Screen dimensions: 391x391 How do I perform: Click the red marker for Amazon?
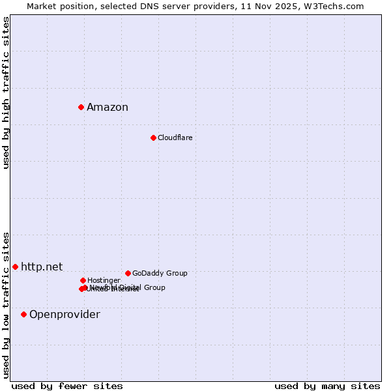pyautogui.click(x=81, y=107)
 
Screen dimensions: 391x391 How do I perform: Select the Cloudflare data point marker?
pyautogui.click(x=153, y=138)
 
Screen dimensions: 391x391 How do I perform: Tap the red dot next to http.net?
pyautogui.click(x=15, y=267)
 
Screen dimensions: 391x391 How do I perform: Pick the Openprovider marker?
pyautogui.click(x=23, y=314)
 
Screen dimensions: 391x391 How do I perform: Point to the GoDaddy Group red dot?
pyautogui.click(x=128, y=273)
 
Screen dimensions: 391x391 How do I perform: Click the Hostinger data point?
pyautogui.click(x=83, y=280)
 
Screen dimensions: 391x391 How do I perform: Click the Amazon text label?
pyautogui.click(x=108, y=108)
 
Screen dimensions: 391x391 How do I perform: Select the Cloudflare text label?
pyautogui.click(x=175, y=138)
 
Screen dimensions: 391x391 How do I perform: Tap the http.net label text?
pyautogui.click(x=42, y=267)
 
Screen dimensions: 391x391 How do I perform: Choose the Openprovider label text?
pyautogui.click(x=65, y=315)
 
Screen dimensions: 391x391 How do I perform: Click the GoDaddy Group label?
pyautogui.click(x=160, y=274)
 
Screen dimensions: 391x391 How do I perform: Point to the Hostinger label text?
pyautogui.click(x=104, y=281)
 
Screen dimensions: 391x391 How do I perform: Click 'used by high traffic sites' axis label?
pyautogui.click(x=7, y=93)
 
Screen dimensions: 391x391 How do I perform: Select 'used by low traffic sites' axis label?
pyautogui.click(x=7, y=304)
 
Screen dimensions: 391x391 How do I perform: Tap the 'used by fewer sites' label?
pyautogui.click(x=67, y=386)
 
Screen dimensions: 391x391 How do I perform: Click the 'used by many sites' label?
pyautogui.click(x=327, y=386)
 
